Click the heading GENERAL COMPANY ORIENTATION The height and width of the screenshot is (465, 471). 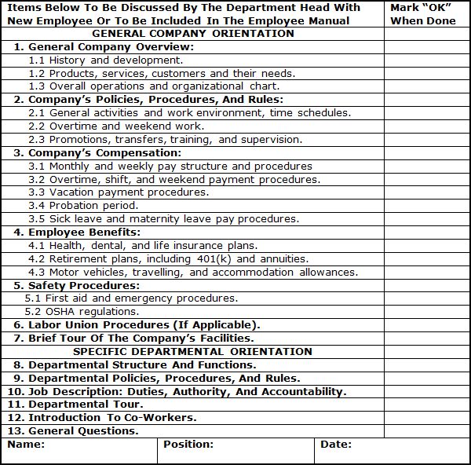(193, 34)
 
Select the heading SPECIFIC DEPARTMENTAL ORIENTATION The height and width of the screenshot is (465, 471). (193, 351)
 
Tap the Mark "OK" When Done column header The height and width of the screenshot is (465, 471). (422, 14)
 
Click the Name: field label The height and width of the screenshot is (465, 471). (25, 445)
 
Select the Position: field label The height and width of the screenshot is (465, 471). (188, 445)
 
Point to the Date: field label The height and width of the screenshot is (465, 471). (336, 445)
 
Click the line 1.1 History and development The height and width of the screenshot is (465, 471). (105, 60)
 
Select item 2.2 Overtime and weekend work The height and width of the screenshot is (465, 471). (115, 126)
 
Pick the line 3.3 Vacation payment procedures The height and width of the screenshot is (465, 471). (119, 192)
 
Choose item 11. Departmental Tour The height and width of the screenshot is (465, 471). (75, 405)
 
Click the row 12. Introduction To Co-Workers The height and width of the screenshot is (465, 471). (102, 417)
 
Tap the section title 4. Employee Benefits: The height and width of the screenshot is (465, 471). (77, 233)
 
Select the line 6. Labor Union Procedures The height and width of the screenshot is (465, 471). (137, 325)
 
